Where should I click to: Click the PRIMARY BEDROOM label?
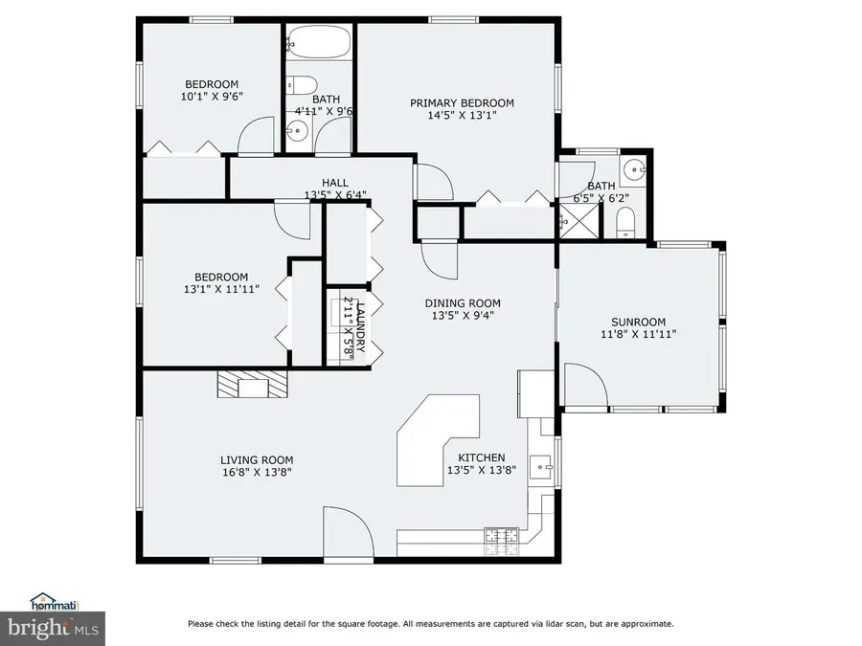[x=462, y=103]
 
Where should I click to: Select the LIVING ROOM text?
[x=257, y=459]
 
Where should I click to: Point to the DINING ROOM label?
[x=463, y=303]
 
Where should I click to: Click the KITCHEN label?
[x=481, y=457]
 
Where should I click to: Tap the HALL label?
[x=335, y=183]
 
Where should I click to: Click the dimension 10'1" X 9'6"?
[x=212, y=97]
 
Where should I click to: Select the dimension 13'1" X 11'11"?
[x=215, y=290]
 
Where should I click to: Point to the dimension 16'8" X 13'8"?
[x=257, y=472]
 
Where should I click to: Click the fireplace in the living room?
[x=253, y=385]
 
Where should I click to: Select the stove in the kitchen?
[x=502, y=542]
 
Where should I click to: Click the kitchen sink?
[x=543, y=465]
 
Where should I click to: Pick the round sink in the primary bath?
[x=633, y=171]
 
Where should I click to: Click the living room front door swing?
[x=348, y=531]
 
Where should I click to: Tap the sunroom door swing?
[x=585, y=387]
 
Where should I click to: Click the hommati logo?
[x=54, y=603]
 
